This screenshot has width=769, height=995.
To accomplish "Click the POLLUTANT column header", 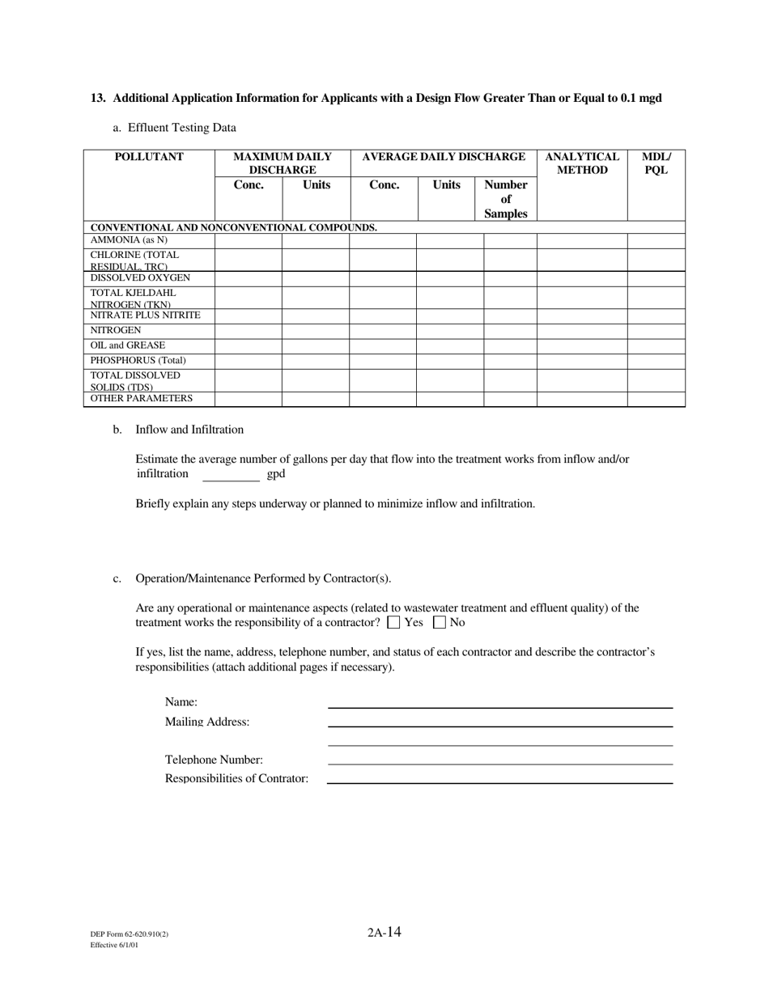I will pyautogui.click(x=149, y=157).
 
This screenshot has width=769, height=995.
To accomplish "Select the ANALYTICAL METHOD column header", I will pyautogui.click(x=582, y=163).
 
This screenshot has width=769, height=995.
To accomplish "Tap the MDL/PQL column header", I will pyautogui.click(x=656, y=163).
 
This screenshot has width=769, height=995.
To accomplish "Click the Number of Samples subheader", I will pyautogui.click(x=506, y=199).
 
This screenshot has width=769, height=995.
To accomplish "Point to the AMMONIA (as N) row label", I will pyautogui.click(x=129, y=240).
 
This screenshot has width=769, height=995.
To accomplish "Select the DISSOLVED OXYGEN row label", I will pyautogui.click(x=140, y=278).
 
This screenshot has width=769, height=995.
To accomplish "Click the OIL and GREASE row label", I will pyautogui.click(x=128, y=345).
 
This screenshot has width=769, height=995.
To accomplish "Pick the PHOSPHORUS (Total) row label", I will pyautogui.click(x=138, y=361).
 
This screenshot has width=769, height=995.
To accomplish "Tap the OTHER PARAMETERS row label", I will pyautogui.click(x=142, y=398).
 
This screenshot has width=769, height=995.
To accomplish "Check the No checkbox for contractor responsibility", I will pyautogui.click(x=440, y=623).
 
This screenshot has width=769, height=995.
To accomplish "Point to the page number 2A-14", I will pyautogui.click(x=384, y=932).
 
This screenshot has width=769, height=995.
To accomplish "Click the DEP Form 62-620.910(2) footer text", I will pyautogui.click(x=130, y=934).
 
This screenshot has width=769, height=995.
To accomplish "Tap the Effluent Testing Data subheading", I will pyautogui.click(x=182, y=128).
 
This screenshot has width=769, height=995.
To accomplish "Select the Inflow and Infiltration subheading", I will pyautogui.click(x=189, y=430).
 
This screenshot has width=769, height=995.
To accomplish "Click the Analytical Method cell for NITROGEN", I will pyautogui.click(x=582, y=331).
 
